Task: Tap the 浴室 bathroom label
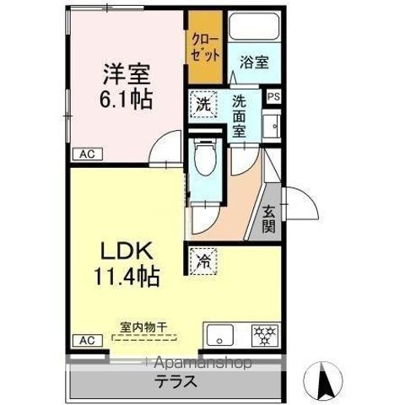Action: pyautogui.click(x=253, y=61)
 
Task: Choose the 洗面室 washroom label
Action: pyautogui.click(x=240, y=117)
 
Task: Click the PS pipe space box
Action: pyautogui.click(x=273, y=97)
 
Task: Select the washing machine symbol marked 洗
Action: pyautogui.click(x=203, y=105)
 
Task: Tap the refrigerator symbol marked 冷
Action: pyautogui.click(x=202, y=260)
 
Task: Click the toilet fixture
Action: pyautogui.click(x=203, y=159)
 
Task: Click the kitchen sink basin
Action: pyautogui.click(x=219, y=335)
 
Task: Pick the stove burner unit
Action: pyautogui.click(x=264, y=334)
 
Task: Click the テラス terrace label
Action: pyautogui.click(x=175, y=381)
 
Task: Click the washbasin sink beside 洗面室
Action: pyautogui.click(x=273, y=127)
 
